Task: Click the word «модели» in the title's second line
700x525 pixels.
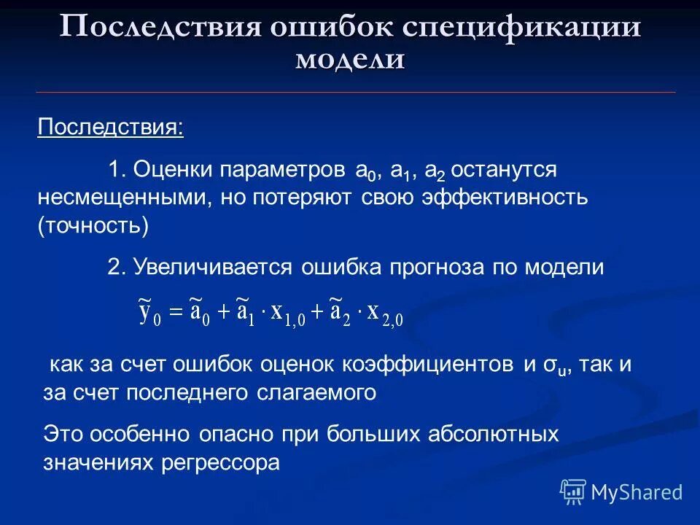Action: point(350,59)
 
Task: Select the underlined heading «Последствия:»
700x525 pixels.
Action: point(111,128)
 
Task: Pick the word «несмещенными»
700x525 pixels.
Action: point(122,198)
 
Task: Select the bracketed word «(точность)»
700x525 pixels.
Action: point(93,225)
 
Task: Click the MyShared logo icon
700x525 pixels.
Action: point(573,491)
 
